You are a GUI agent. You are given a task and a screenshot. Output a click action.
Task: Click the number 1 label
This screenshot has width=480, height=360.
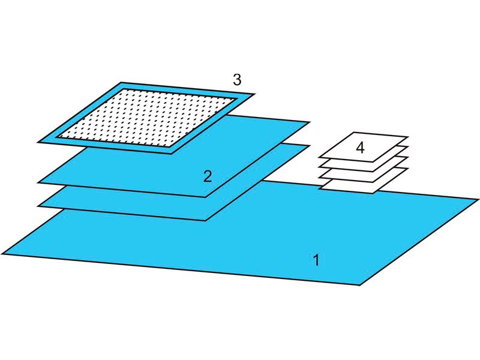coord(316,260)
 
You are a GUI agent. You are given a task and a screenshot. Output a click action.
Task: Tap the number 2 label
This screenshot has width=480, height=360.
coord(208,176)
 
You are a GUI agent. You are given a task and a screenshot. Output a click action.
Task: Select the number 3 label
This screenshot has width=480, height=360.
coord(237,80)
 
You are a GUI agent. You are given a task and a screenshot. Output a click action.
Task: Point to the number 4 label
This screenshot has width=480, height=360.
coord(361,148)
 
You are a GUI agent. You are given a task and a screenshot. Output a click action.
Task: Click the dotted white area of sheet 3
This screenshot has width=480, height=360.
coord(147,117)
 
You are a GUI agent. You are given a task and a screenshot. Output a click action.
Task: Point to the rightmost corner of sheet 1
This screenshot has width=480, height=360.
coord(478,200)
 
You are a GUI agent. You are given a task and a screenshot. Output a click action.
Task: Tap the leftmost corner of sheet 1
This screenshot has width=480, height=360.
coord(2,254)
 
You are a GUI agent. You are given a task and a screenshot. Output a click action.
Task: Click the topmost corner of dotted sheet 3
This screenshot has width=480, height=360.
coord(121,82)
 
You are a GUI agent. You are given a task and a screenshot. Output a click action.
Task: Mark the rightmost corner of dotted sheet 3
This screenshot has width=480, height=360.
coord(254,94)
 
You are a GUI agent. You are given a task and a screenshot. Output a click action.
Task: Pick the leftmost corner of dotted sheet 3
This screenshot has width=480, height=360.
coord(38,142)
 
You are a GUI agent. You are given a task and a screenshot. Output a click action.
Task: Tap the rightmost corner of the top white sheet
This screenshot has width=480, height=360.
coord(409,137)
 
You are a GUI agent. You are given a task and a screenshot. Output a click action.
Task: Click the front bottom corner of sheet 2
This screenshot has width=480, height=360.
coord(206,197)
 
